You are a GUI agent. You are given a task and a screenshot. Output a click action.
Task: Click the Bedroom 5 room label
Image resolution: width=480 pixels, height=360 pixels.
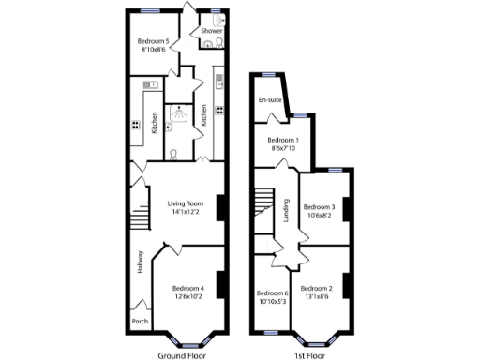(153, 41)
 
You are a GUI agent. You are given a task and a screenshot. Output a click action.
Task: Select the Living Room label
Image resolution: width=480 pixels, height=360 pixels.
(186, 203)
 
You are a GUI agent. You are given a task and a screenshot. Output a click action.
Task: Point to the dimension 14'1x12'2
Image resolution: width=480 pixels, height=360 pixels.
(186, 213)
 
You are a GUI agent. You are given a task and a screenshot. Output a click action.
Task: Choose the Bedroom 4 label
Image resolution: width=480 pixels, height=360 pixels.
(187, 288)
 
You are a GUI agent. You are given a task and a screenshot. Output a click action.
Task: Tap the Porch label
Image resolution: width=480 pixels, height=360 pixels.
(140, 321)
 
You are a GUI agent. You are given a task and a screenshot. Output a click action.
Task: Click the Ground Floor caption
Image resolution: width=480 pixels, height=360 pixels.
(182, 354)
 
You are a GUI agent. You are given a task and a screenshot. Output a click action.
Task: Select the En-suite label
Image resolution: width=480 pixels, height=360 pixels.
(270, 99)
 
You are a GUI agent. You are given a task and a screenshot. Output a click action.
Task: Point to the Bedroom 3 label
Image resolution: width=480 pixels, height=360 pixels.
(321, 207)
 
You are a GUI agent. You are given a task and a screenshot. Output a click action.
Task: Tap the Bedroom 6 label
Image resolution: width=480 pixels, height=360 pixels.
(272, 292)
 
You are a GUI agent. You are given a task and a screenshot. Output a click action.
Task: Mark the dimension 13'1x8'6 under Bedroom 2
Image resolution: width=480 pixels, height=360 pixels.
(317, 298)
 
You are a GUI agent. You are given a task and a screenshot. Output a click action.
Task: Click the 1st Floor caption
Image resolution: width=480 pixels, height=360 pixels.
(309, 354)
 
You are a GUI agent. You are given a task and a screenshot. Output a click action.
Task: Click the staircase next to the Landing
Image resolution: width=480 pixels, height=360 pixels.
(265, 208)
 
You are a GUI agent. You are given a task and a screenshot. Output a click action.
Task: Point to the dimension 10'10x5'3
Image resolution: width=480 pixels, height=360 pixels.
(272, 301)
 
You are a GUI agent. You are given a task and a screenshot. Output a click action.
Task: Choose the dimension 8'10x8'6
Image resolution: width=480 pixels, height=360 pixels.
(153, 50)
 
